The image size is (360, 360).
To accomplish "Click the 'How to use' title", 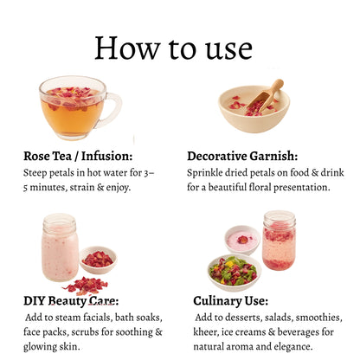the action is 173,48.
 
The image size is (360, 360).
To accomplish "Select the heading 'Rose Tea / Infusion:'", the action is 78,156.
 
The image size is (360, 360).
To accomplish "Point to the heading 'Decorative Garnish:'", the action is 242,156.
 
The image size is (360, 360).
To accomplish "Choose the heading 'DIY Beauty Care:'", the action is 71,301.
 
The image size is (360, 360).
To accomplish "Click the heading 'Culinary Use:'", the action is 231,301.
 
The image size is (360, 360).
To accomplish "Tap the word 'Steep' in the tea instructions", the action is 35,173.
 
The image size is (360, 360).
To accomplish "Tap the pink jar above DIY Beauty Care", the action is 60,247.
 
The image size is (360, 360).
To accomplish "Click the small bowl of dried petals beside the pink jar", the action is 99,260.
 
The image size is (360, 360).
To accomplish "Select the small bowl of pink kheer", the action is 242,241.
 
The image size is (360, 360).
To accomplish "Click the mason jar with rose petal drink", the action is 279,241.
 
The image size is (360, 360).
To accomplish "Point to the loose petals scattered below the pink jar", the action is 86,286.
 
